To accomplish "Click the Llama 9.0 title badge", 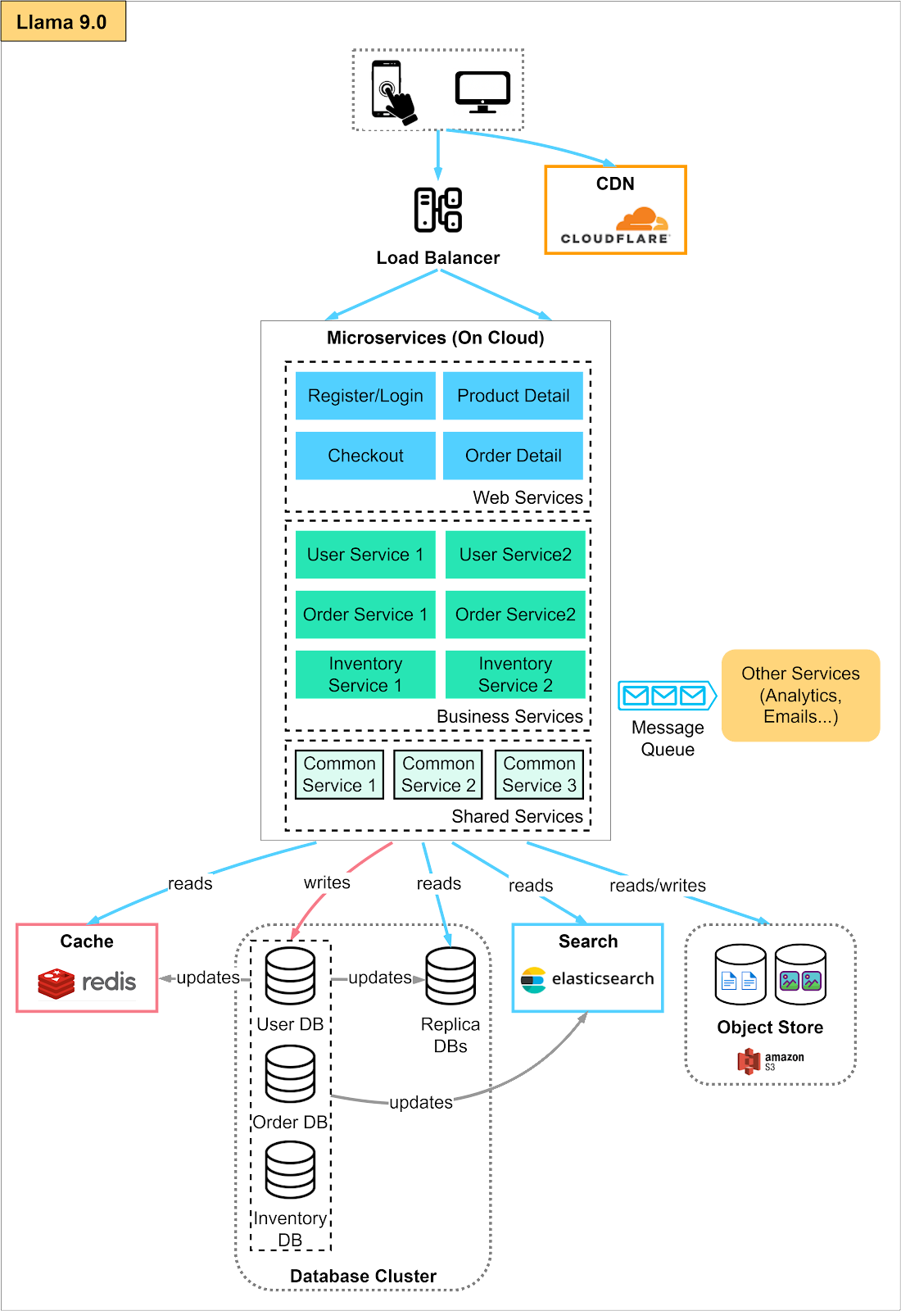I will click(62, 22).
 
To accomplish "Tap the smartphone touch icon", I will click(392, 90).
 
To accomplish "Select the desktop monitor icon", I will click(483, 93).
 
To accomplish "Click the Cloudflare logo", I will click(615, 225).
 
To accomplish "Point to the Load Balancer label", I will click(437, 258).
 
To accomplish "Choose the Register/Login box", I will click(365, 396).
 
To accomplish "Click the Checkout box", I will click(365, 456).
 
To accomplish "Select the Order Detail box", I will click(513, 456).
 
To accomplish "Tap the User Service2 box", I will click(515, 555).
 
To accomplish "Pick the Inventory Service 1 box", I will click(365, 674).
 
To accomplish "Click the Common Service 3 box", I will click(539, 774).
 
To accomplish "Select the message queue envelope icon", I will click(665, 696).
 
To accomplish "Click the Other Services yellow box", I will click(800, 696).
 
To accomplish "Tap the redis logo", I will click(87, 982).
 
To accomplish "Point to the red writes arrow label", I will click(327, 882).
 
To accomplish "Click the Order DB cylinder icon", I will click(290, 1073).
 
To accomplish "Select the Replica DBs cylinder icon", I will click(450, 976).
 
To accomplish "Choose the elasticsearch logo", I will click(587, 979).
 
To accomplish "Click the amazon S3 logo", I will click(770, 1061).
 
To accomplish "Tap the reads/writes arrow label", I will click(658, 886).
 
